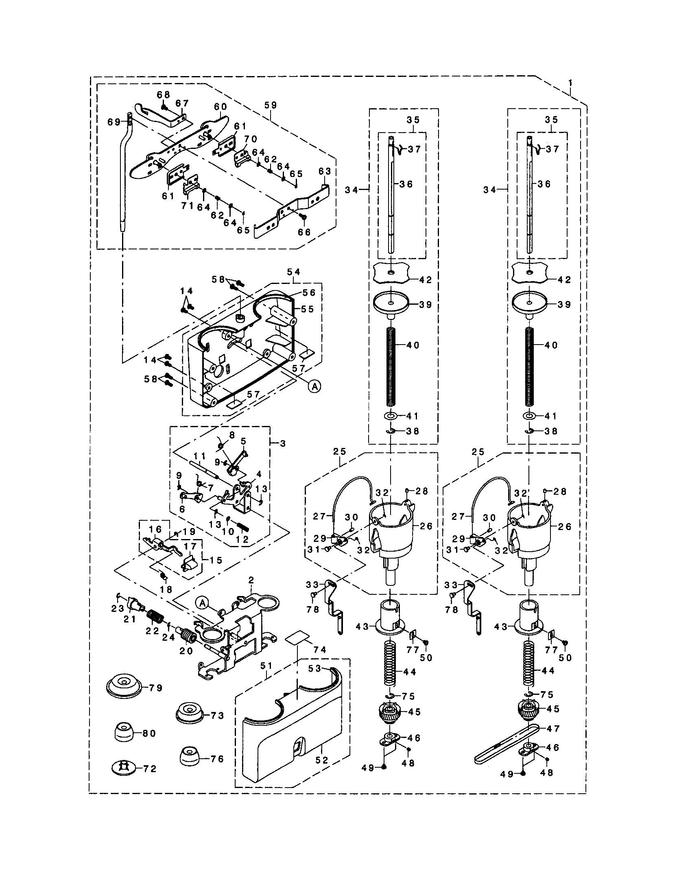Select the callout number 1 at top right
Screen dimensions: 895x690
(x=570, y=83)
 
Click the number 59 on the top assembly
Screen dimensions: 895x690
(x=271, y=105)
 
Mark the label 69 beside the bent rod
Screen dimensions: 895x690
(x=114, y=122)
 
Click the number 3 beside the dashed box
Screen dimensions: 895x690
(x=283, y=443)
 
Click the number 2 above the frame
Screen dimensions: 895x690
(x=251, y=580)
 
